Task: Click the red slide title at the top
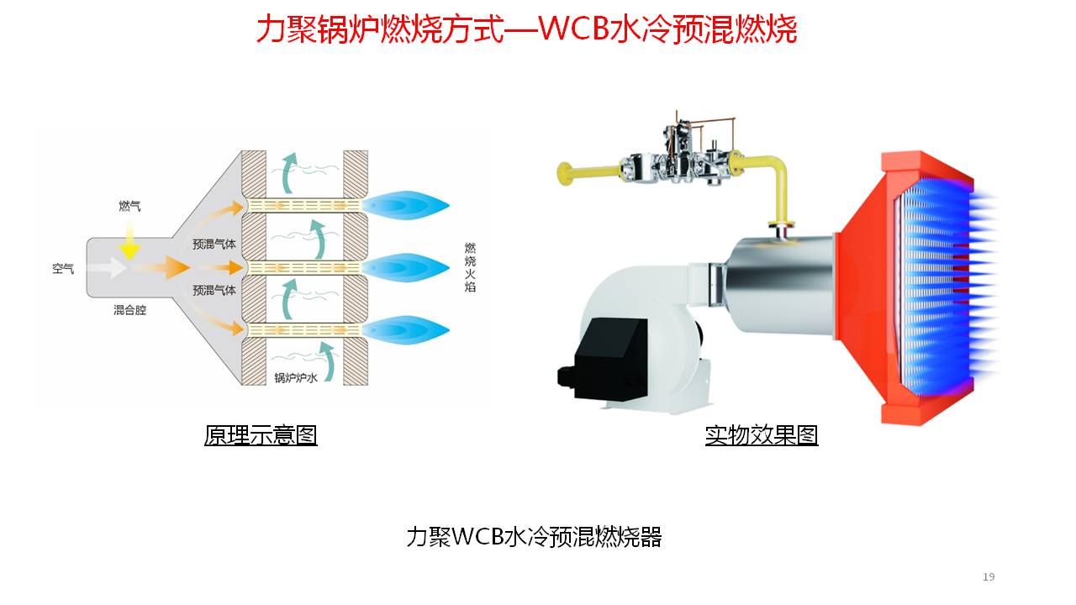tap(526, 29)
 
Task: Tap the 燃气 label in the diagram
tap(129, 205)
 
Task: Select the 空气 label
tap(63, 269)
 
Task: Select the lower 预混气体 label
tap(214, 290)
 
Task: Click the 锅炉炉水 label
tap(296, 377)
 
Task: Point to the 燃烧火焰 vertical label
tap(470, 267)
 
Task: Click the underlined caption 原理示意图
tap(261, 435)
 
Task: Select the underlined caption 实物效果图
tap(761, 435)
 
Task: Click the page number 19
tap(989, 576)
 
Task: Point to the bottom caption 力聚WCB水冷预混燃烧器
tap(534, 537)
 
